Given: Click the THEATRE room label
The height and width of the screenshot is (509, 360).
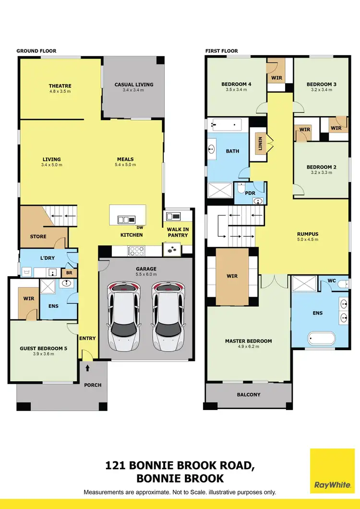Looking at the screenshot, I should coord(60,86).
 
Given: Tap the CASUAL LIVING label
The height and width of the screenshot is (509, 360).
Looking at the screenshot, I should coord(134,85).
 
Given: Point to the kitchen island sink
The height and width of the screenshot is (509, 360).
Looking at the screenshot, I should coord(127,219).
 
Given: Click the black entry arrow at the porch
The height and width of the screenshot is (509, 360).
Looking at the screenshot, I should coord(88,369).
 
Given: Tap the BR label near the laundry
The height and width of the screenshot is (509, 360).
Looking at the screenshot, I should coord(69,273).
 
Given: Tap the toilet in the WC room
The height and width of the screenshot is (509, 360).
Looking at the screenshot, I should coord(343,285).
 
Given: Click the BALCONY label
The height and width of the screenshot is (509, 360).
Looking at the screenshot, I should coord(249,395).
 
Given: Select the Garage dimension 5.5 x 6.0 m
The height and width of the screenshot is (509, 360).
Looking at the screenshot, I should coord(146,274).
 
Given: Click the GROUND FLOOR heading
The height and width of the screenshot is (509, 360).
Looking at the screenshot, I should coord(36,51).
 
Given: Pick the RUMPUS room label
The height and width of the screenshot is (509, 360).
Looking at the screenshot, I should coord(308,234).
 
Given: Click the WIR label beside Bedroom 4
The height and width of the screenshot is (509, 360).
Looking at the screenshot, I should coord(276,77).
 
